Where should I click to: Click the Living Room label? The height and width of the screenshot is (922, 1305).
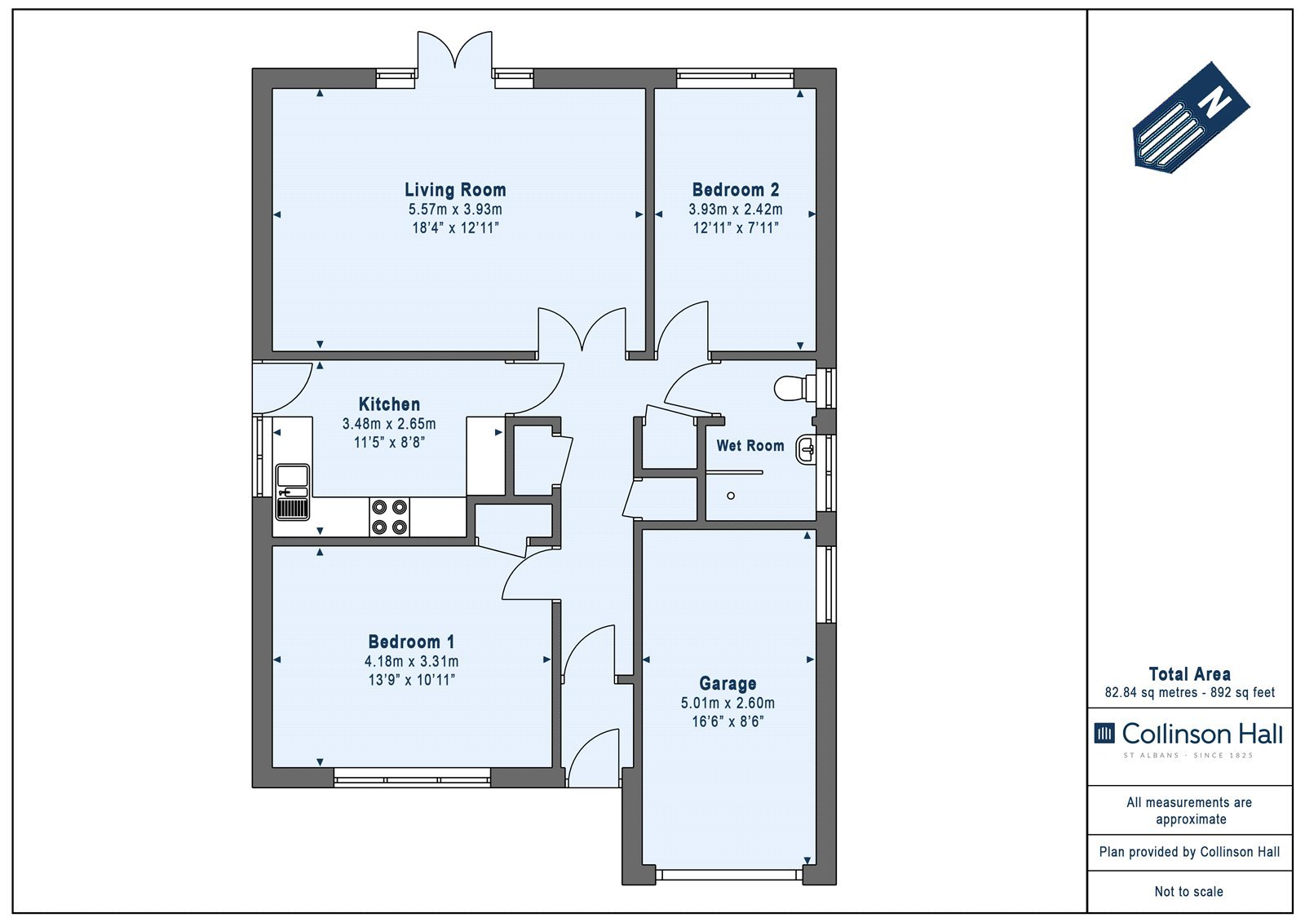[x=455, y=190]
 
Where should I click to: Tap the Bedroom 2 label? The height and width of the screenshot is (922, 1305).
[x=735, y=190]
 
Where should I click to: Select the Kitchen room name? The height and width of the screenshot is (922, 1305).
[x=389, y=404]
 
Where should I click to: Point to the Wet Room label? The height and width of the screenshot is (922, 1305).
[x=750, y=446]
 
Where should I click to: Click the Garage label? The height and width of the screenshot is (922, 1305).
[x=728, y=683]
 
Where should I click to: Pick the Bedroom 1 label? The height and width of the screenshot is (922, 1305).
[x=411, y=642]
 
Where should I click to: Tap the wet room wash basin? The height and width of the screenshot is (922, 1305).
[x=806, y=449]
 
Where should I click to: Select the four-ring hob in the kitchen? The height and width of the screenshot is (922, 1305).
[x=389, y=517]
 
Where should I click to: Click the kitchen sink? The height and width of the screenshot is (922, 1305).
[x=293, y=492]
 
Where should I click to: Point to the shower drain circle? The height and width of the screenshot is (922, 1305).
[x=731, y=496]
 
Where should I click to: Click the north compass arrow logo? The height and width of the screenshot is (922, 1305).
[x=1191, y=117]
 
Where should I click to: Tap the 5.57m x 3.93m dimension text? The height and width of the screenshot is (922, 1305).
[x=455, y=209]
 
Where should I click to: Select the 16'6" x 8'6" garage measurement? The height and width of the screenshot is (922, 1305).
[x=728, y=721]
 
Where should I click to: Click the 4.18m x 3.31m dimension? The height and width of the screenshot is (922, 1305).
[x=411, y=662]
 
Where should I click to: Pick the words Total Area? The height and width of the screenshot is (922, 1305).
[x=1190, y=674]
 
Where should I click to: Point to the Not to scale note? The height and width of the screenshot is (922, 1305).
[x=1189, y=892]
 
